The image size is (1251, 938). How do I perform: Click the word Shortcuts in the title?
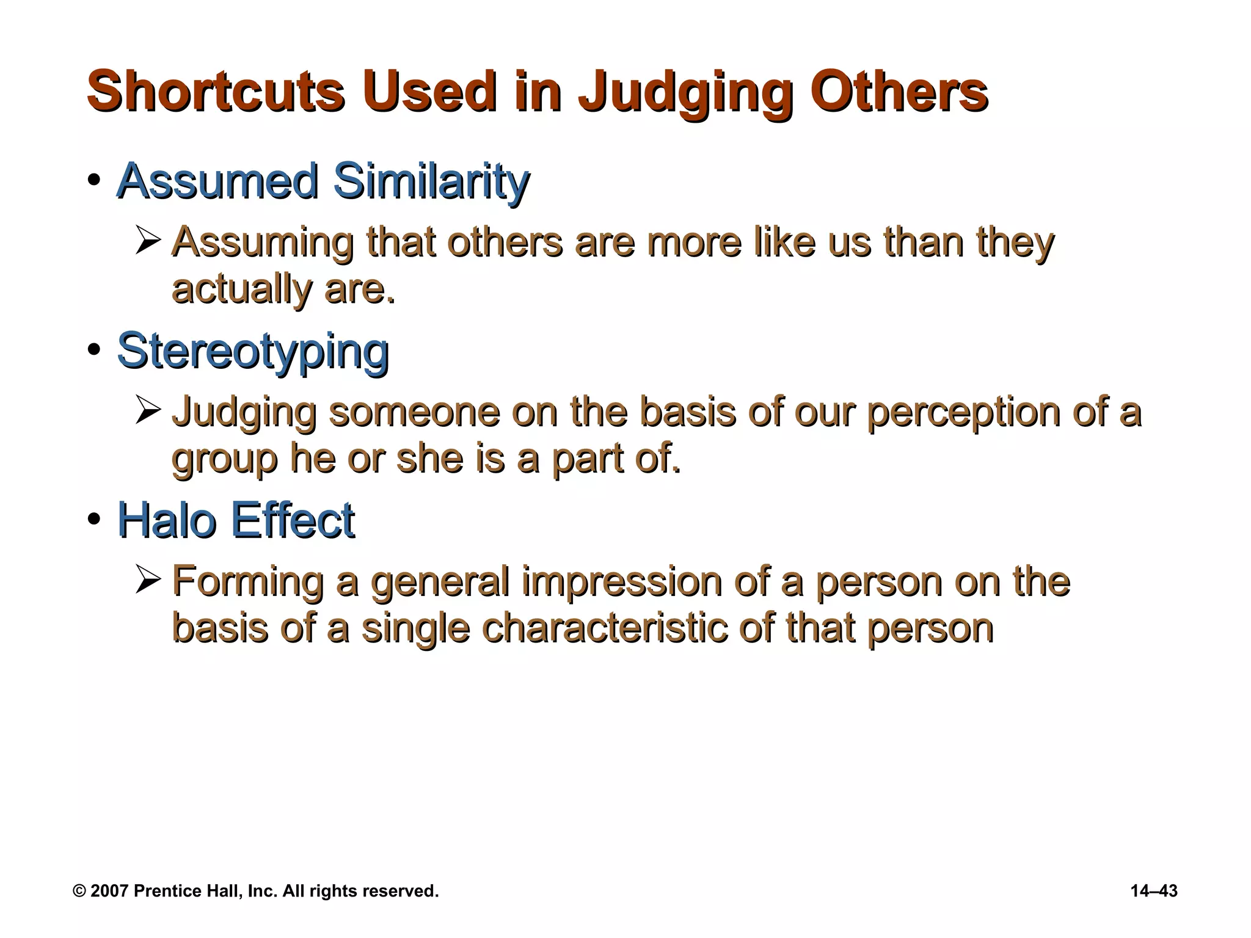216,92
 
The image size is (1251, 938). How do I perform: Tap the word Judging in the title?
685,93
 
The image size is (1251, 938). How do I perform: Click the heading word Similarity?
431,181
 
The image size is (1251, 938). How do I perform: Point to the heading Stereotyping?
253,352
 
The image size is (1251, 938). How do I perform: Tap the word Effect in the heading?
293,520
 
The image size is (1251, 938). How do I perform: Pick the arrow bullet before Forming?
148,580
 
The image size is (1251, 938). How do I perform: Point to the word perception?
964,413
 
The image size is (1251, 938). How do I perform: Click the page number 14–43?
1154,891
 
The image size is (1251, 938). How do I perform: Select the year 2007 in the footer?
109,891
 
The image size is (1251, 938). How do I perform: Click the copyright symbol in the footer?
79,891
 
